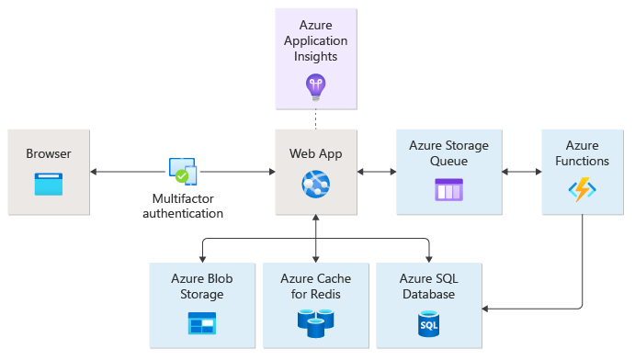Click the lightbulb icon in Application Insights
click(316, 85)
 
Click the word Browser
click(49, 153)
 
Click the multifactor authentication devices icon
click(184, 171)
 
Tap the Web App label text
click(315, 153)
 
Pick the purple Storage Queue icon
click(448, 190)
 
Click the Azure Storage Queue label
click(448, 153)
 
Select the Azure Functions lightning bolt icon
click(582, 190)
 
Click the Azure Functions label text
click(582, 153)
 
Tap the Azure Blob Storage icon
click(200, 322)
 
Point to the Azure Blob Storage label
click(200, 287)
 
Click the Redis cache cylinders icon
click(315, 322)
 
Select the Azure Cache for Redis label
click(315, 287)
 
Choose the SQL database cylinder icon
click(428, 322)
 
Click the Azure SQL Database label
click(428, 287)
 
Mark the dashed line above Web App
click(315, 118)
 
